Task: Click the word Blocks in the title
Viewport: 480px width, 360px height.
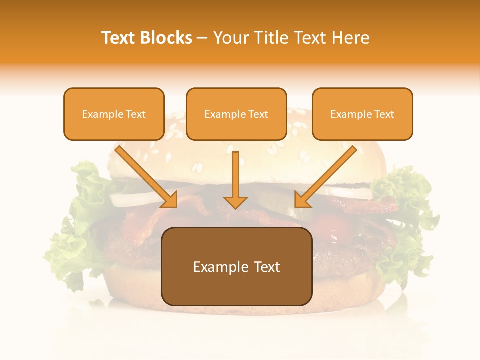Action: [166, 38]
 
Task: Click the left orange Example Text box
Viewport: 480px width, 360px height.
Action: [114, 114]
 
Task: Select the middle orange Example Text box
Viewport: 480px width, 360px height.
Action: [236, 114]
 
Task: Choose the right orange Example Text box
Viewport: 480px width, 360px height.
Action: [362, 114]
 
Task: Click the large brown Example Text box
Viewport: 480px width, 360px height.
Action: [237, 267]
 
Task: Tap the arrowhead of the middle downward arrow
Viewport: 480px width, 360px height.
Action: [235, 202]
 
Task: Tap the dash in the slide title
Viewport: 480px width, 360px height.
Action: [203, 38]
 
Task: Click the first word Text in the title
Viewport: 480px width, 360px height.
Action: [119, 38]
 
